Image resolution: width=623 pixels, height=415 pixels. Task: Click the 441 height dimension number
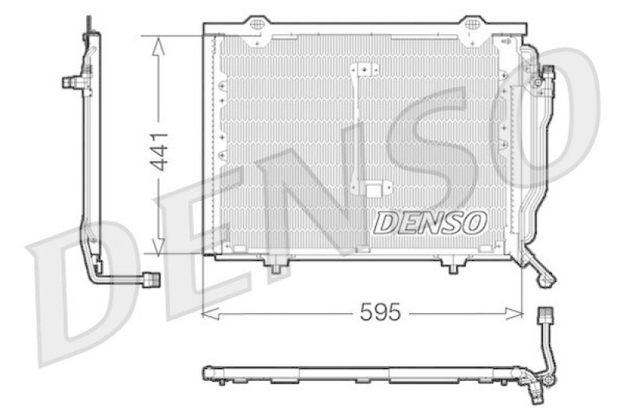[x=158, y=152]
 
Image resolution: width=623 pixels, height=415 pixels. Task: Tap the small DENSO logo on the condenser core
[x=430, y=222]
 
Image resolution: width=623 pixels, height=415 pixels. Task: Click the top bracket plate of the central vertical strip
[x=362, y=70]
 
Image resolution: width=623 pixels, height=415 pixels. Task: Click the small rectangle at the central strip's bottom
[x=376, y=189]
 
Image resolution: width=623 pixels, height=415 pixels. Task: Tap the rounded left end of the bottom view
[x=207, y=373]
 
